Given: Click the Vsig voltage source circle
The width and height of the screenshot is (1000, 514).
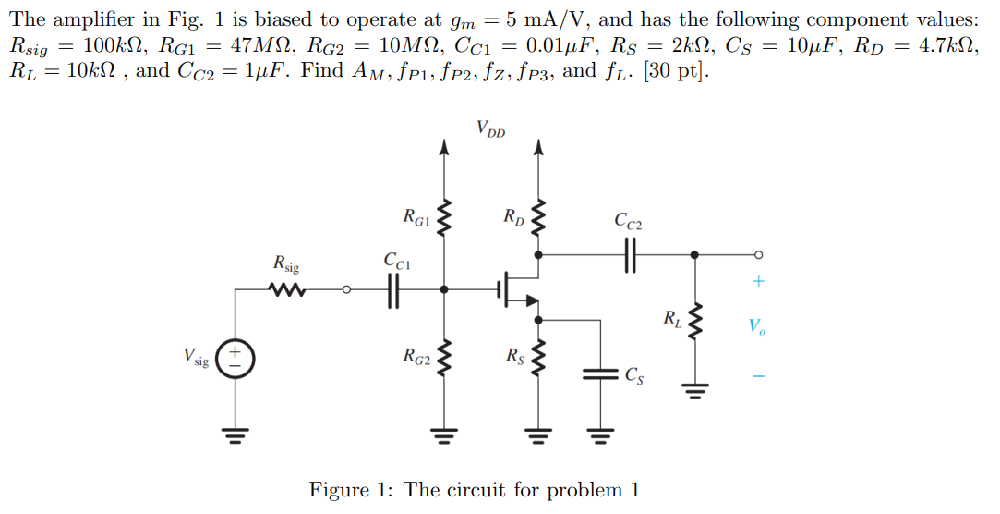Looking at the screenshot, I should [x=235, y=357].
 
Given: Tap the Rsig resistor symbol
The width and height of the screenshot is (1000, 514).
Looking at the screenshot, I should [x=287, y=290].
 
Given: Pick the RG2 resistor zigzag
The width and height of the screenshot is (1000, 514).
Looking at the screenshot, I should [x=445, y=358].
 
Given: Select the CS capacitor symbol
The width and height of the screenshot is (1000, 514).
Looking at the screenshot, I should [x=600, y=374].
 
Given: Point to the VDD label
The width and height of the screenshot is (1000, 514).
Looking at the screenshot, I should [x=491, y=128].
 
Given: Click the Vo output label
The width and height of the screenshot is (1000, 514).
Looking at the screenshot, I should [x=756, y=326].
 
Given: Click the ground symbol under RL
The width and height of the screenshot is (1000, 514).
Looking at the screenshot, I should [x=694, y=393].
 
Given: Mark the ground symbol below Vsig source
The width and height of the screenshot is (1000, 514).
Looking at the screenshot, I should [x=235, y=434].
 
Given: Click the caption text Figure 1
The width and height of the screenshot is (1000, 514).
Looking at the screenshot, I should [x=474, y=489].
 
